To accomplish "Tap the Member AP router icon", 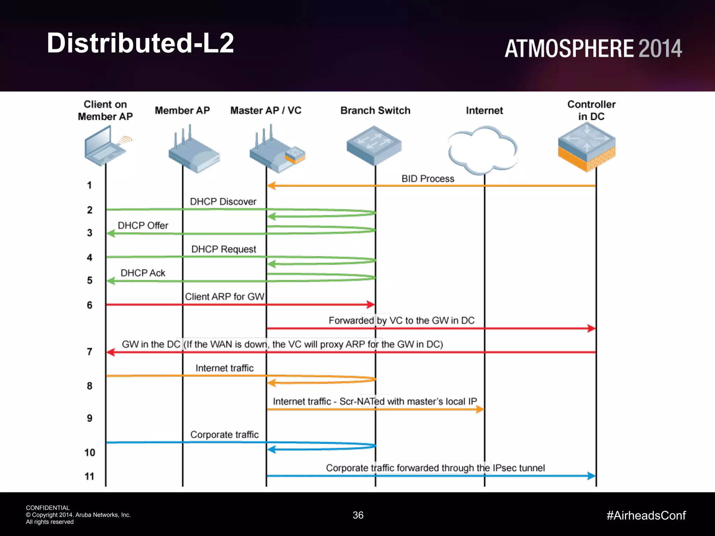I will pos(193,152).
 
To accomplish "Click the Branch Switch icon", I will pos(374,146).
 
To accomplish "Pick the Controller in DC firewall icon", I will pos(587,147).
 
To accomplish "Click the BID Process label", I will pos(428,179).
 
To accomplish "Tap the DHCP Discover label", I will pos(223,202).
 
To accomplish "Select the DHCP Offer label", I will pos(143,225).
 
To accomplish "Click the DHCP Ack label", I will pos(143,273).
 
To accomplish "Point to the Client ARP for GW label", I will pos(224,297).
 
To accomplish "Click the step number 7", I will pos(90,351).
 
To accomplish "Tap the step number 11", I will pos(89,476).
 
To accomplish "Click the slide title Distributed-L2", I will pos(140,43).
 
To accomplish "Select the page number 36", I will pos(358,515).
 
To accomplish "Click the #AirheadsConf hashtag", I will pos(646,515).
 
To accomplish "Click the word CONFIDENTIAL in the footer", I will pos(48,508).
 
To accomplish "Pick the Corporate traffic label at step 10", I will pos(224,434).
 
